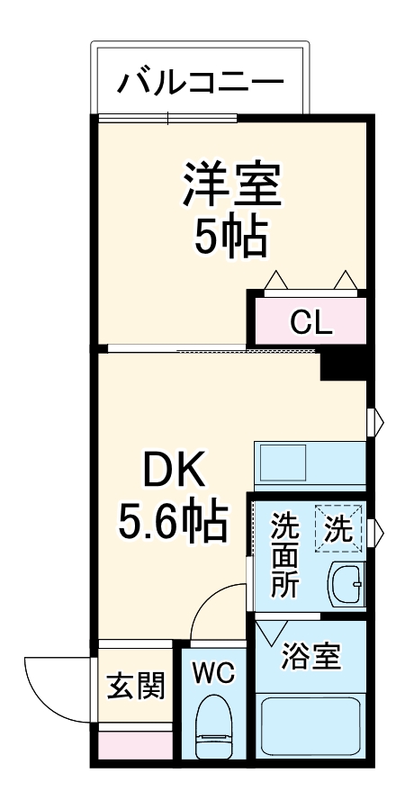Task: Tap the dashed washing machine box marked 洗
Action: coord(339,529)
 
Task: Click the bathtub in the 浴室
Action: coord(310,724)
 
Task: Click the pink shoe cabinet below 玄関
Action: coord(135,745)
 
